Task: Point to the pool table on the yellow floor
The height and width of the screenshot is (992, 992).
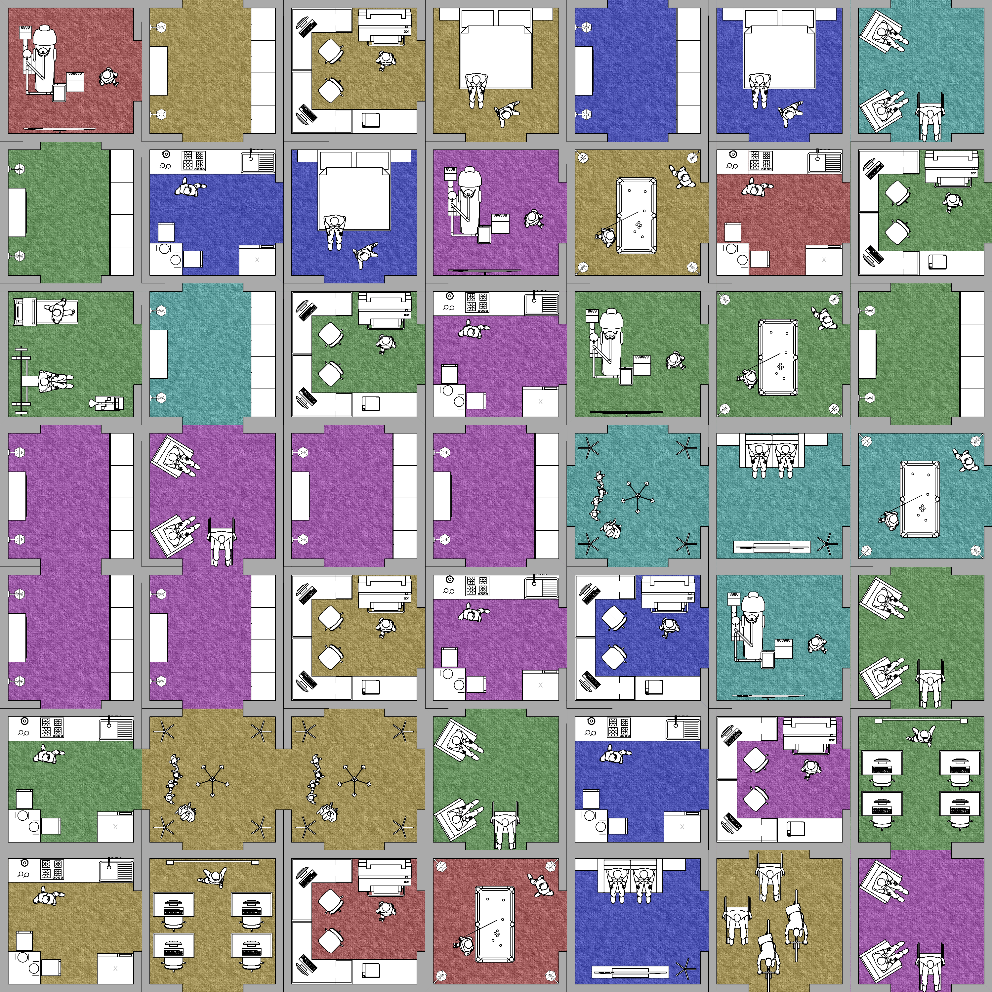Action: coord(636,215)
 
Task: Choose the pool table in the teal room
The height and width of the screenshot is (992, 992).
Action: coord(920,499)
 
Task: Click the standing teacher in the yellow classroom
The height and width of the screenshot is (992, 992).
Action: coord(215,878)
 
